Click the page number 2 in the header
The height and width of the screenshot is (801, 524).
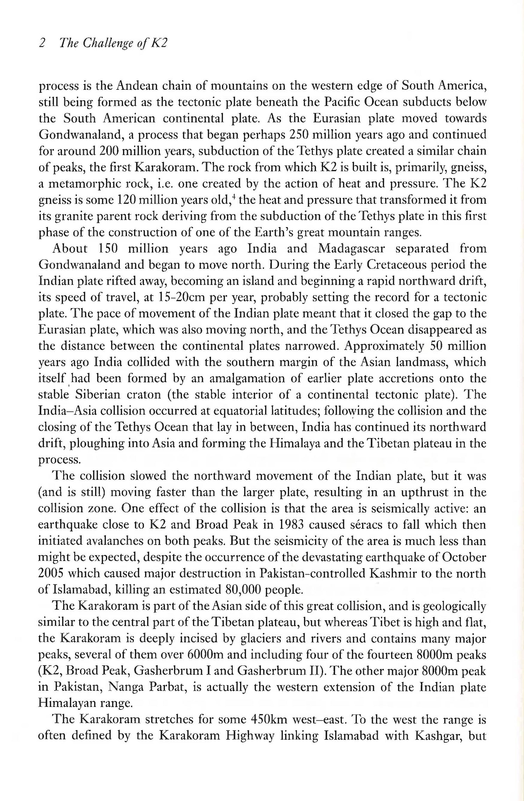point(42,43)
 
